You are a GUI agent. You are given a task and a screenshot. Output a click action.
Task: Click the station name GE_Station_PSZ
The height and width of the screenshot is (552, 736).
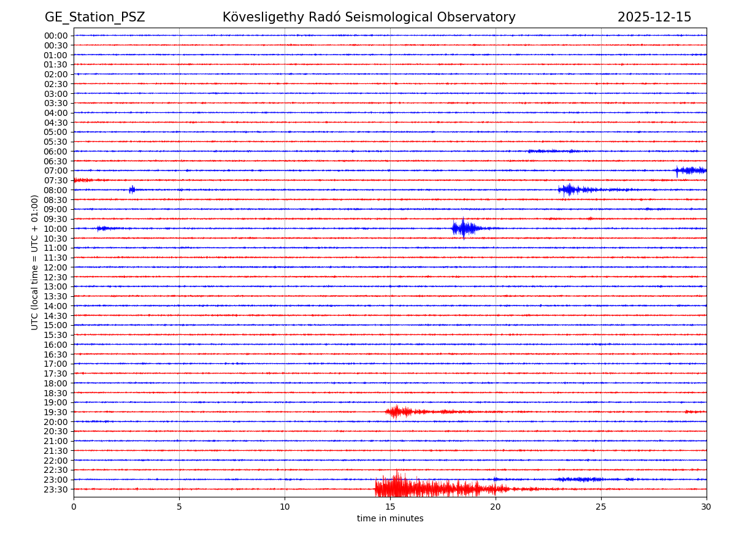point(94,17)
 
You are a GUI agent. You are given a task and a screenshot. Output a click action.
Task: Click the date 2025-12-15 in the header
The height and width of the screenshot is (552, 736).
point(654,17)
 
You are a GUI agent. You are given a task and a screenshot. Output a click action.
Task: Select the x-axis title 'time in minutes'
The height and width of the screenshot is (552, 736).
point(390,519)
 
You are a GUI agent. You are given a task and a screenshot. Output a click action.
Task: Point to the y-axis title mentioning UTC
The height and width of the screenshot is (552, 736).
point(35,262)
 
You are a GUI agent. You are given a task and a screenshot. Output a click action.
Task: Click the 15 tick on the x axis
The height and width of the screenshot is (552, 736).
point(390,507)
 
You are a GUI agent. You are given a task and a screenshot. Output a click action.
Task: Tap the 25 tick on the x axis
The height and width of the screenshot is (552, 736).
point(601,507)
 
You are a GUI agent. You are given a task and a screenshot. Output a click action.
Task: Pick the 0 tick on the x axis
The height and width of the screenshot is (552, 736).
point(74,507)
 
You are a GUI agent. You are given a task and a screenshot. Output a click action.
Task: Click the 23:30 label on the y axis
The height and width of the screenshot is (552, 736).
point(56,489)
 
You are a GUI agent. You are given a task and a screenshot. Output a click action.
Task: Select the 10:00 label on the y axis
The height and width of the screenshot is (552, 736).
point(56,229)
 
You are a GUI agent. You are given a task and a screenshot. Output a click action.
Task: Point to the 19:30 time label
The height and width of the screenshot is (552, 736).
point(56,412)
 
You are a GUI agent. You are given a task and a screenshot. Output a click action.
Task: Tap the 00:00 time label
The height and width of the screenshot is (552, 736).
point(56,36)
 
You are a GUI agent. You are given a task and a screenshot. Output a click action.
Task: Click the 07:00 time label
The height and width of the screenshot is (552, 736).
point(56,171)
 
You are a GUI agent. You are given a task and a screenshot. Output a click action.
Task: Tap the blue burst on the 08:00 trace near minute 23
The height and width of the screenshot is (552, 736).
point(569,190)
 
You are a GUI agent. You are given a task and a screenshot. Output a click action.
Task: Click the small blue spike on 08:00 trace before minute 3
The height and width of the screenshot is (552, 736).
point(132,190)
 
